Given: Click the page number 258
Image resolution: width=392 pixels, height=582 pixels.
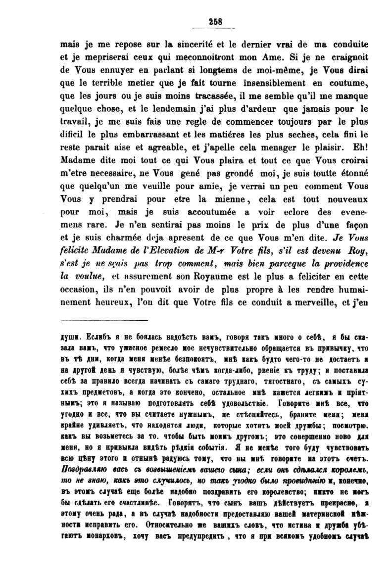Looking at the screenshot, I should pyautogui.click(x=216, y=21).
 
